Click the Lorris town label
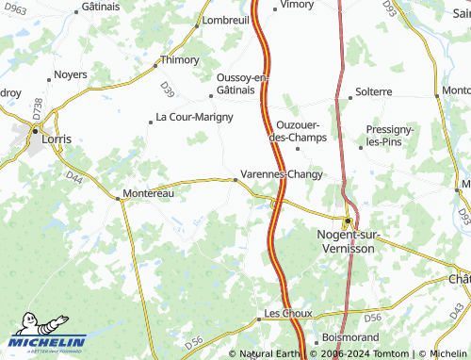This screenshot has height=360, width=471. [57, 139]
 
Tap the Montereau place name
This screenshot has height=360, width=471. [150, 193]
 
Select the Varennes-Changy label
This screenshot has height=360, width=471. [282, 174]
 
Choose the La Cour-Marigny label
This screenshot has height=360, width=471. [194, 117]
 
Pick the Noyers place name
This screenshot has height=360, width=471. [71, 74]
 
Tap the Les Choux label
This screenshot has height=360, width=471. [287, 312]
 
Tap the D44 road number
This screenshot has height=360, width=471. [75, 177]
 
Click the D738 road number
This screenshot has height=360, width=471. [38, 108]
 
